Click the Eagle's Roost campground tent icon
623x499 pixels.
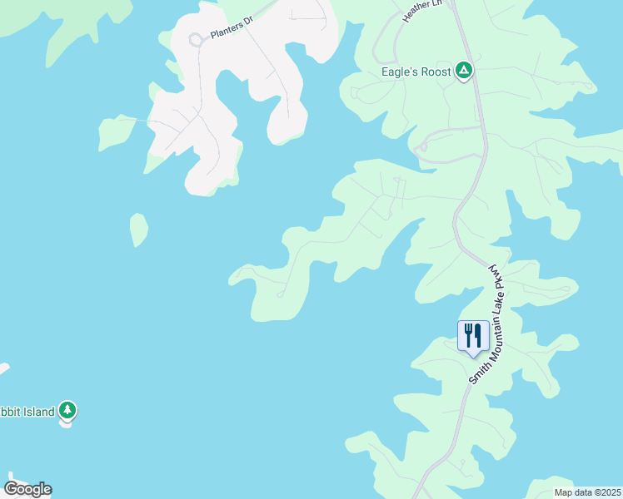tap(464, 72)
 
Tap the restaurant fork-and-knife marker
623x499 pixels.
tap(473, 335)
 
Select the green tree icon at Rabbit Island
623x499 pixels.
tap(67, 410)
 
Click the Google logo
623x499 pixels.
tap(27, 489)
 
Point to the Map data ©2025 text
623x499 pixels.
tap(586, 492)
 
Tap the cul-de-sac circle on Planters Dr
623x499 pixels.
tap(196, 39)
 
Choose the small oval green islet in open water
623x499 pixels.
tap(138, 230)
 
